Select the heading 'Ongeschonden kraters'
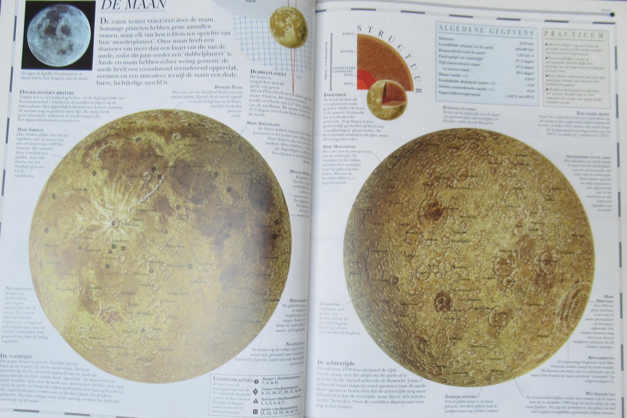46,93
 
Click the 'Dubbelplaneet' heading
268,73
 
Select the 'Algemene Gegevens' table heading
486,32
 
